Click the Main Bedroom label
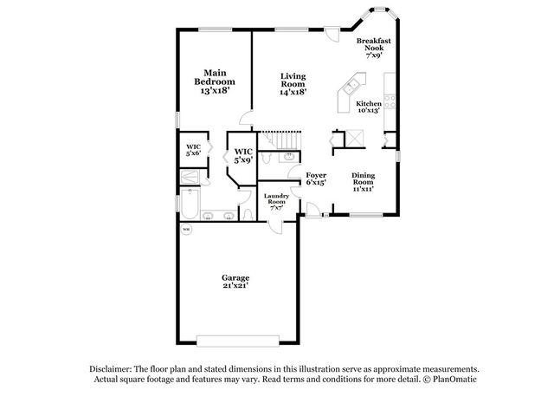tap(215, 82)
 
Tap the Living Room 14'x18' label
tap(293, 84)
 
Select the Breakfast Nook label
tap(373, 48)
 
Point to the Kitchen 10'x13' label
tap(369, 107)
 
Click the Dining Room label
tap(363, 182)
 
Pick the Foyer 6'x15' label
tap(316, 179)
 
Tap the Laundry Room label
tap(276, 202)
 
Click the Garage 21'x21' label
tap(235, 282)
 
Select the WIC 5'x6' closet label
tap(193, 150)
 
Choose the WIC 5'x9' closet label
tap(243, 156)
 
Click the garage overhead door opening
tap(238, 341)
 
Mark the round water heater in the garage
tap(186, 230)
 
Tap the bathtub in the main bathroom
tap(190, 205)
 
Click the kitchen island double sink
tap(351, 87)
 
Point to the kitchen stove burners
tap(390, 101)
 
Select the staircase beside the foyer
tap(280, 140)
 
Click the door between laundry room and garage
tap(275, 226)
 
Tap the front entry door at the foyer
tap(313, 210)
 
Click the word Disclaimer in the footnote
tap(111, 369)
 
